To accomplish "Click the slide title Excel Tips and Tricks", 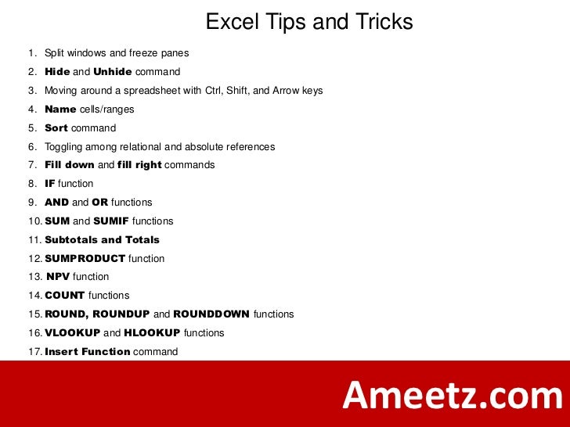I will [309, 22].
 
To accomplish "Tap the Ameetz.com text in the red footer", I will [452, 396].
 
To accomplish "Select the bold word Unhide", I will [113, 72].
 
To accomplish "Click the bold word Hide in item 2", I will [57, 72].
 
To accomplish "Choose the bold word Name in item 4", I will [60, 109].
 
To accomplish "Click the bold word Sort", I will [56, 128].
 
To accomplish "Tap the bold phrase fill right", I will [139, 165].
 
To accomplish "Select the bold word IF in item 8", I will [50, 184].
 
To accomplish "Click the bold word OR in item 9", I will [99, 203].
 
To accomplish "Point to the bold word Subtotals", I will [71, 240].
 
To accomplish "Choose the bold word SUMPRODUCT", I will [85, 259].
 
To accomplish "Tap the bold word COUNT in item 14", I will [65, 296].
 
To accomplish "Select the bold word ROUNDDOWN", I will [211, 314].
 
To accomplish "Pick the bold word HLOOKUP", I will [152, 333].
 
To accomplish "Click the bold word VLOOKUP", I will [73, 333].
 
